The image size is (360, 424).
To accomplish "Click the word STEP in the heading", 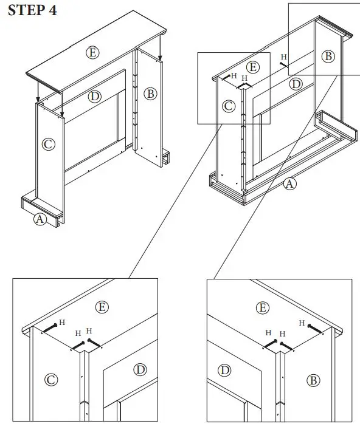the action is [x=27, y=10].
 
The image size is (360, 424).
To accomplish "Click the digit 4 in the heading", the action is [x=53, y=10].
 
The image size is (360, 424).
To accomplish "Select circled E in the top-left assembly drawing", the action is [x=92, y=52].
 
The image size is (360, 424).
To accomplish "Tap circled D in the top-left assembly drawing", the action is [x=95, y=97].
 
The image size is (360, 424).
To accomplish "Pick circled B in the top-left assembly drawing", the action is [x=150, y=94].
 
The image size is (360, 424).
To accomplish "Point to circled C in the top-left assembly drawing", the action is [x=49, y=144].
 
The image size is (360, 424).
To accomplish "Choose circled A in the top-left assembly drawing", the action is [x=40, y=219].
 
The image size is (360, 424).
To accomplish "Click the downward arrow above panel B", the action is [x=160, y=48].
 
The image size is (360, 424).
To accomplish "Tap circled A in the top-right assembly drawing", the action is [x=289, y=184].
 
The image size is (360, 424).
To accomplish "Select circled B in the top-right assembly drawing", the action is [x=328, y=56].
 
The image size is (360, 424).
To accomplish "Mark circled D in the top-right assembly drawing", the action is [x=296, y=84].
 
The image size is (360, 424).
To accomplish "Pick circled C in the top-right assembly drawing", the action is [x=229, y=106].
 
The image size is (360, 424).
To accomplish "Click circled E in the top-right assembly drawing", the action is [x=253, y=67].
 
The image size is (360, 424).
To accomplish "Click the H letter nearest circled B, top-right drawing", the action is [x=283, y=56].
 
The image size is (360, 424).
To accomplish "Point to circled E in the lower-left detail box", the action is [x=102, y=307].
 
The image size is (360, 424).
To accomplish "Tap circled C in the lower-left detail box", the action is [x=51, y=380].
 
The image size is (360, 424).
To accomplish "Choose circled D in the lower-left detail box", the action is [x=140, y=370].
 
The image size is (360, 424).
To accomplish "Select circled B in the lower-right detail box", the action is [x=313, y=380].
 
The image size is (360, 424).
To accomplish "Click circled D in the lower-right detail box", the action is [x=224, y=370].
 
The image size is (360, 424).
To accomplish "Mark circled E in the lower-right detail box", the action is [x=263, y=308].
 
